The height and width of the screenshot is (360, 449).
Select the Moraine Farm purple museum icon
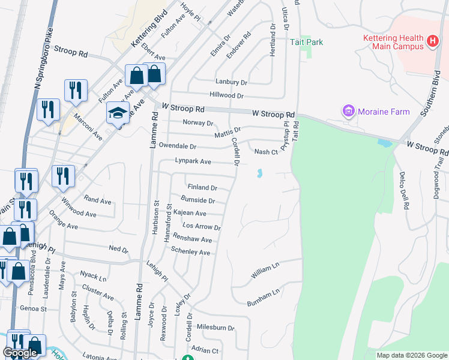click(x=348, y=111)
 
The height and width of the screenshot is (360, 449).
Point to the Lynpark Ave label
click(x=193, y=161)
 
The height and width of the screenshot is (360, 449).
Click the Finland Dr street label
click(x=202, y=188)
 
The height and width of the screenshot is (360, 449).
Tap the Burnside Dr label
click(x=198, y=200)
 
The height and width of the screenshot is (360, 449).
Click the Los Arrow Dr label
click(x=202, y=227)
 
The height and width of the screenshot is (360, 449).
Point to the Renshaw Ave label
click(x=193, y=240)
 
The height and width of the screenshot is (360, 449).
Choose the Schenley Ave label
click(x=190, y=253)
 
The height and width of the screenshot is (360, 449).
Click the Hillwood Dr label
click(x=226, y=95)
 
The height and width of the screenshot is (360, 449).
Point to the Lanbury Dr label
click(x=231, y=82)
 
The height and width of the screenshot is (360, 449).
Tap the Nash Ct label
click(x=266, y=152)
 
